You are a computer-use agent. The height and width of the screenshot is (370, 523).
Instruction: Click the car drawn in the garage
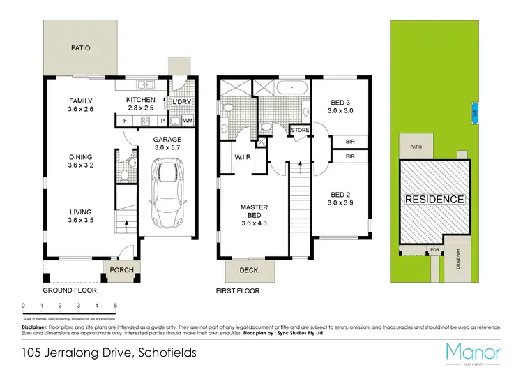[171, 195]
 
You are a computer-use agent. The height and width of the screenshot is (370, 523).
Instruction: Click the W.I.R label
[243, 156]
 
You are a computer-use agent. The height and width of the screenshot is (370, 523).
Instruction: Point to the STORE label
[300, 131]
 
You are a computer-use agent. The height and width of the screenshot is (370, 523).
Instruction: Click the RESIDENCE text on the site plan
[434, 200]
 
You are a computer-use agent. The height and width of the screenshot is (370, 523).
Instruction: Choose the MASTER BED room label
[254, 207]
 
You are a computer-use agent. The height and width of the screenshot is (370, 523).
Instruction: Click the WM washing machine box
[187, 121]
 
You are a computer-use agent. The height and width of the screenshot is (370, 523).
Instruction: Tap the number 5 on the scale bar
[115, 306]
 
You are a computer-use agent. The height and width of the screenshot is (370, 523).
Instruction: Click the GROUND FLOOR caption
[70, 290]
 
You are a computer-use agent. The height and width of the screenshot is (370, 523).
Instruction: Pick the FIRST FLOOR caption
[238, 290]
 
